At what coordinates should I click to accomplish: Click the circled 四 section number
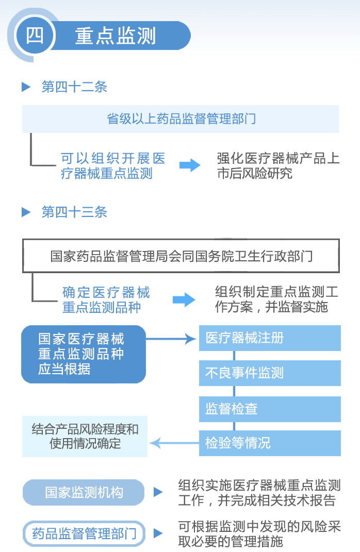35,35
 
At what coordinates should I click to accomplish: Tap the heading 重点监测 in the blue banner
116,36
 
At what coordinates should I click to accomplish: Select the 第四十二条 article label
74,87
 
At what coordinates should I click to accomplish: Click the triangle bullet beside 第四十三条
26,212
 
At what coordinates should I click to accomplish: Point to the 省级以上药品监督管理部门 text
182,119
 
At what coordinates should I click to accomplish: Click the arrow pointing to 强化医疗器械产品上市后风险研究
190,165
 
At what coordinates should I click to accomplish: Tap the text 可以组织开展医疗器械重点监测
113,166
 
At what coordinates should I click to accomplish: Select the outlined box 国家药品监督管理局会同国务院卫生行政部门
181,256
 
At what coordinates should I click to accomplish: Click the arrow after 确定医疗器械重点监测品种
184,299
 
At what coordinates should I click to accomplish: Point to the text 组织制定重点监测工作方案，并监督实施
276,299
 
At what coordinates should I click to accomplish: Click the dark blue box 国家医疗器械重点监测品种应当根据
84,354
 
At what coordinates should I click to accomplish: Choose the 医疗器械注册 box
270,338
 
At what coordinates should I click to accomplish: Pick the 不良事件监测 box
270,373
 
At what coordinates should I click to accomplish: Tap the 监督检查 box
270,409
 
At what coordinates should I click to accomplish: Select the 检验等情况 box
270,443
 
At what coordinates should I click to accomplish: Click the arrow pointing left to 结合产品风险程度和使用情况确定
174,443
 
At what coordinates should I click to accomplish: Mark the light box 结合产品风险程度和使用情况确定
85,437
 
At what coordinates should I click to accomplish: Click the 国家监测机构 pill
84,493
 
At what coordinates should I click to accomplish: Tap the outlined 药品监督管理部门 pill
84,533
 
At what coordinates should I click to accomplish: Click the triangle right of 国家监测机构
158,492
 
